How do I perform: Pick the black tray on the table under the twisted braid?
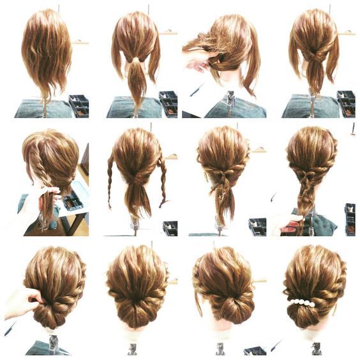[x=71, y=202]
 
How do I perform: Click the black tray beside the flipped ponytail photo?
[x=345, y=104]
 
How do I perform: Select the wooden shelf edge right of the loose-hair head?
[x=80, y=42]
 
